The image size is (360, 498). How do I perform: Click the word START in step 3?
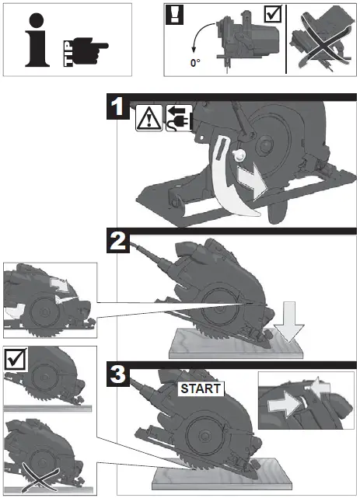(201, 388)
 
